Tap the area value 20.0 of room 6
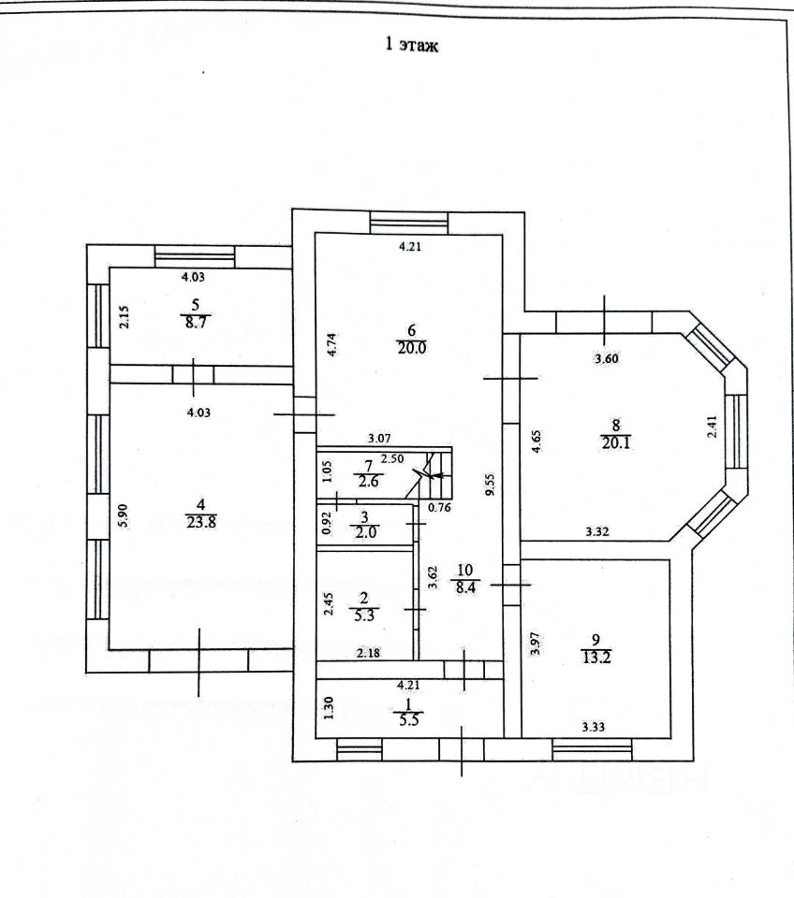410,344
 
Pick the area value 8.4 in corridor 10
464,587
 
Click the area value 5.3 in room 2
367,615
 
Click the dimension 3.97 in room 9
534,645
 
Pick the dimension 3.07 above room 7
378,438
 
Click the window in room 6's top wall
408,222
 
